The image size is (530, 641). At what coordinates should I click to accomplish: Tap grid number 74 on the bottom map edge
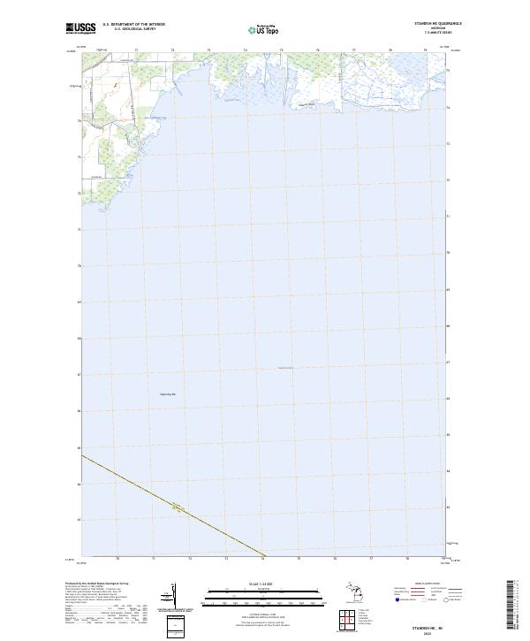coord(262,559)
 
